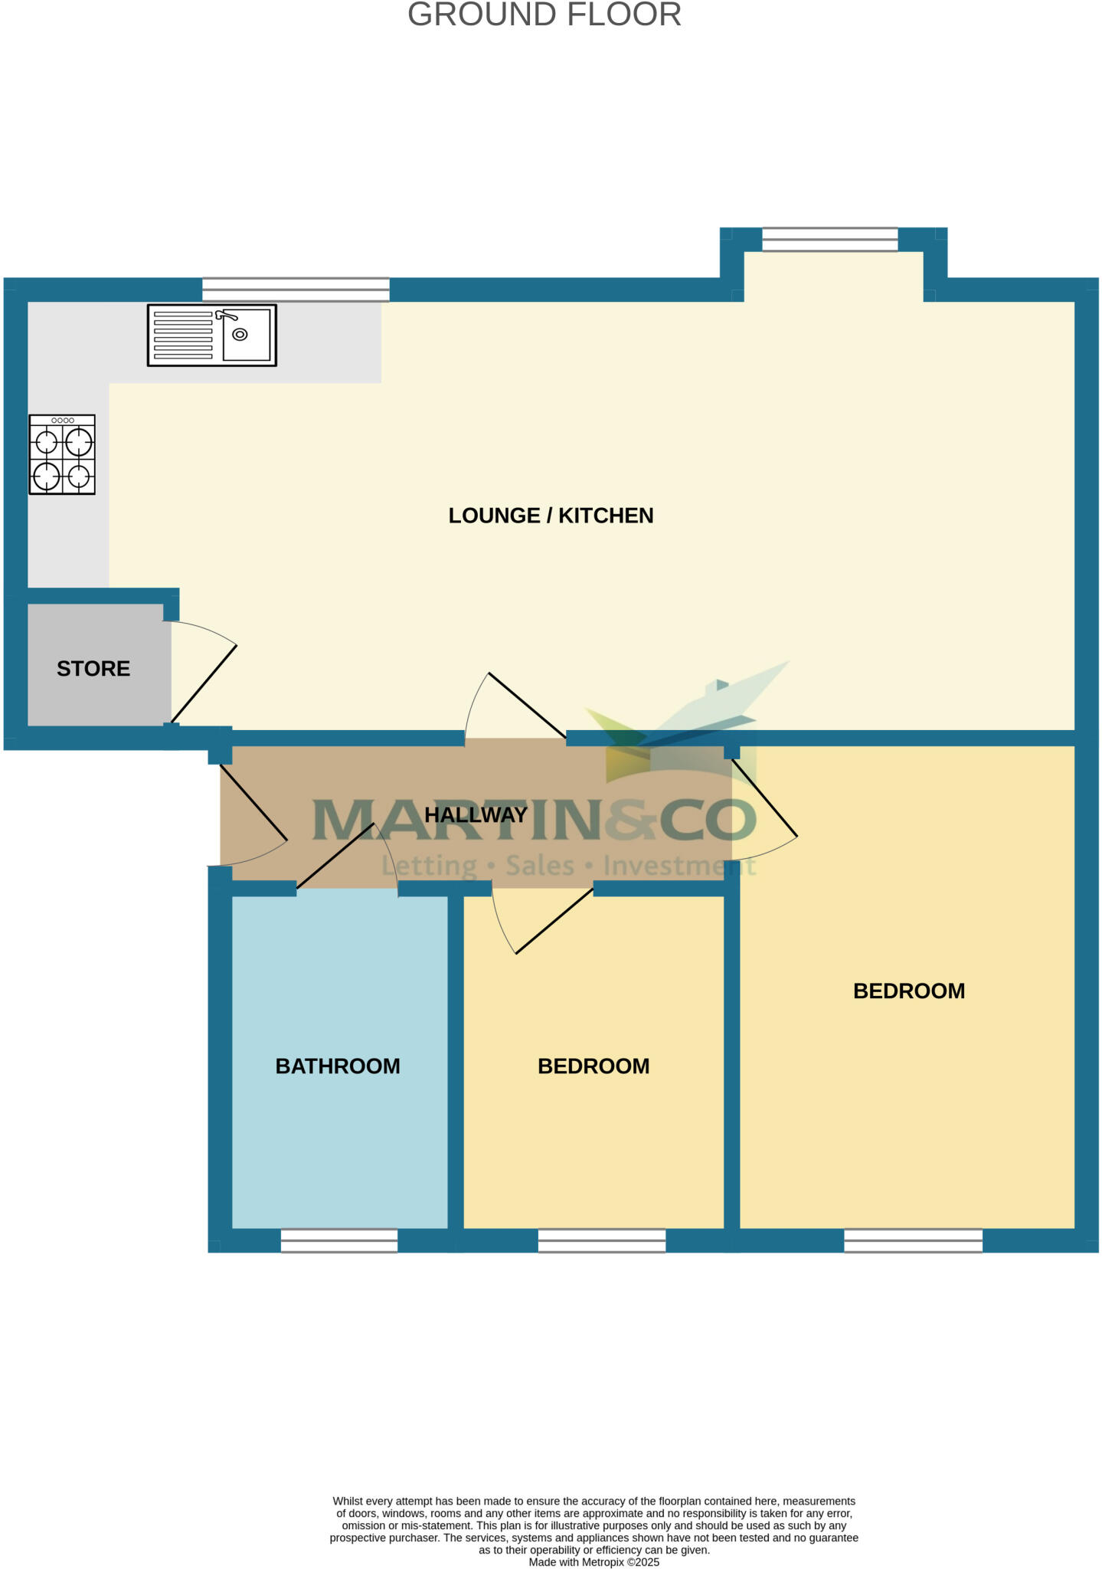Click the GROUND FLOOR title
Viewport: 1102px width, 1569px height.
544,15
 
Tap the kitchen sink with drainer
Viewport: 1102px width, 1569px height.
212,335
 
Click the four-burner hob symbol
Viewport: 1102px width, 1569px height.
62,454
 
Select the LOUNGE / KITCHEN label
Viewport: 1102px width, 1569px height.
551,516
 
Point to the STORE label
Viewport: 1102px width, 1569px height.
93,669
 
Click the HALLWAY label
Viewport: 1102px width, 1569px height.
476,814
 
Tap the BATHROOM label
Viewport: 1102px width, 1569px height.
338,1066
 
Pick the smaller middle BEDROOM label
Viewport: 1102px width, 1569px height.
594,1066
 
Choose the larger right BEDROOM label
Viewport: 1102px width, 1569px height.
909,991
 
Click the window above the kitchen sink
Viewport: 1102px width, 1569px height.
296,290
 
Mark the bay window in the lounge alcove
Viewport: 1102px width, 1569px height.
829,239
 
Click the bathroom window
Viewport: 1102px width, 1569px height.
339,1240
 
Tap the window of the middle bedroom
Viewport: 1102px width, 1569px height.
602,1240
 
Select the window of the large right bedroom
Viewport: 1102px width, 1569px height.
913,1240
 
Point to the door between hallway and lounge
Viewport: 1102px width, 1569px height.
527,704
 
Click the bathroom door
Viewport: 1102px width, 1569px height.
335,856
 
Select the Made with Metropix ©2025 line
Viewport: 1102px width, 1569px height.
594,1562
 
